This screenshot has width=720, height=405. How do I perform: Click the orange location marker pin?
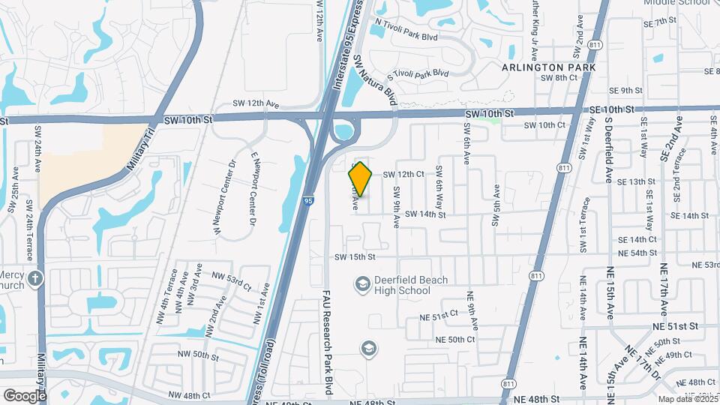pos(360,179)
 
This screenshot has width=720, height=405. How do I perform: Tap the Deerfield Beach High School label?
pos(411,285)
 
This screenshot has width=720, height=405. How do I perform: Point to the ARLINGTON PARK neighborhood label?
pos(549,67)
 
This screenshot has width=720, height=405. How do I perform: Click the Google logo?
pos(25,395)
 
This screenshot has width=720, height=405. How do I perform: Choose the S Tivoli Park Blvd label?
pos(417,76)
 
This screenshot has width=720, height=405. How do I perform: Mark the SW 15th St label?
pos(355,257)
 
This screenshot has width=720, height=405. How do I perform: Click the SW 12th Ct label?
pos(403,174)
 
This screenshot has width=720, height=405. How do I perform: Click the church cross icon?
pos(34,280)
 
